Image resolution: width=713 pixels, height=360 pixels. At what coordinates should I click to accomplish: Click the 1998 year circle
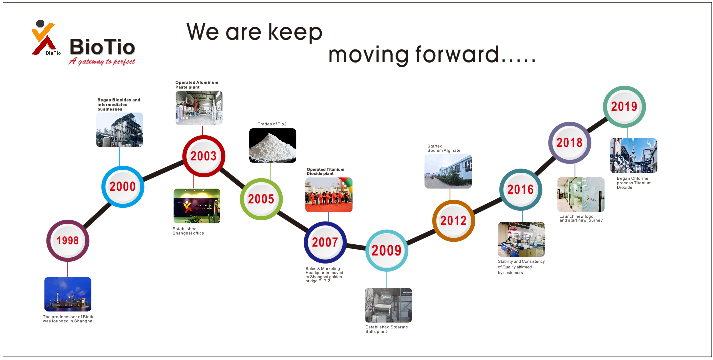68,241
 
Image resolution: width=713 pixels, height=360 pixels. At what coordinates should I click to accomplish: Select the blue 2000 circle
123,187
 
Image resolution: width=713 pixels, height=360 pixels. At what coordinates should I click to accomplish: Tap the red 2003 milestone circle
204,156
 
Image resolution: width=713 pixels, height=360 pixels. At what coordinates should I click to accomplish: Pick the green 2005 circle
261,199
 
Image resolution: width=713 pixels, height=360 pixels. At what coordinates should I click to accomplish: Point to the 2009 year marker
387,251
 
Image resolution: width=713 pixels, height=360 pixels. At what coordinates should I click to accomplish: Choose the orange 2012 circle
454,221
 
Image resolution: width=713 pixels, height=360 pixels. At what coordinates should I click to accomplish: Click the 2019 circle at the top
624,107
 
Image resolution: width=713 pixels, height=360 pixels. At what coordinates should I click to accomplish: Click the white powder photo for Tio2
273,146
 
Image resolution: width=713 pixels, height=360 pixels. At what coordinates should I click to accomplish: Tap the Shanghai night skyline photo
68,294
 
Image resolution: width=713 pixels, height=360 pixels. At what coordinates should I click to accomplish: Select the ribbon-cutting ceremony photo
329,195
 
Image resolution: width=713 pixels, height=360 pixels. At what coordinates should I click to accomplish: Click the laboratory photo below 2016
521,239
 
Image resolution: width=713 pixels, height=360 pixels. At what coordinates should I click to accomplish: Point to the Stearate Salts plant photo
388,305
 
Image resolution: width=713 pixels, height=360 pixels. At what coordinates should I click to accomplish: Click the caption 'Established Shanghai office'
188,231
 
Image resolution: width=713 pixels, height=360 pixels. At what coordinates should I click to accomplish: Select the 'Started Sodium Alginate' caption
444,148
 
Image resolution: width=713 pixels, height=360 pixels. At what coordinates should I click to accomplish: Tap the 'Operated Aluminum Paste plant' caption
197,85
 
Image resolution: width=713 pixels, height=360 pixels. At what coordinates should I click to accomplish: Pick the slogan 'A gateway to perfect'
102,61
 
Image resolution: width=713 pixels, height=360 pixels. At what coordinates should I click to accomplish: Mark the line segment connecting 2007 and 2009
356,246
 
